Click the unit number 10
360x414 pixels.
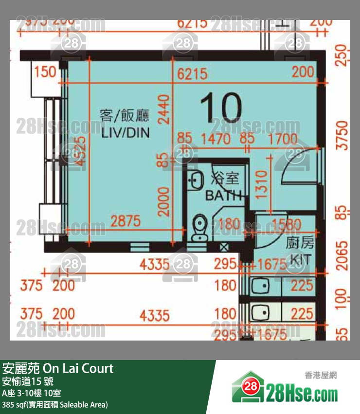[x=220, y=108]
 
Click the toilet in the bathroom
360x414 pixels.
[x=199, y=228]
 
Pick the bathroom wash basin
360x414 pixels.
[x=197, y=180]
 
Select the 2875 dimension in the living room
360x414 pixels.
[x=125, y=221]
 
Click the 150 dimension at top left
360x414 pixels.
[x=46, y=72]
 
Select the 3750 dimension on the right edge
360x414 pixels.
[x=344, y=136]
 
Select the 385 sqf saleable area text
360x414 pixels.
[x=54, y=404]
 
